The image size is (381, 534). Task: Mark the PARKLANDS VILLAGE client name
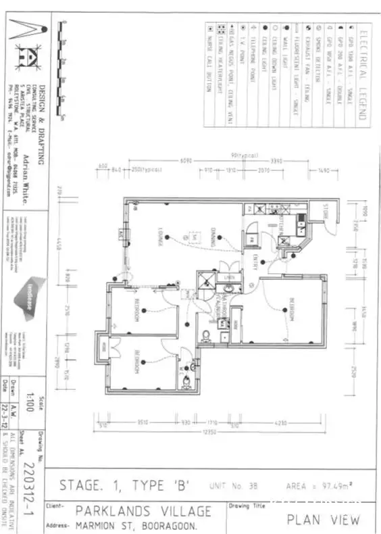click(x=143, y=511)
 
